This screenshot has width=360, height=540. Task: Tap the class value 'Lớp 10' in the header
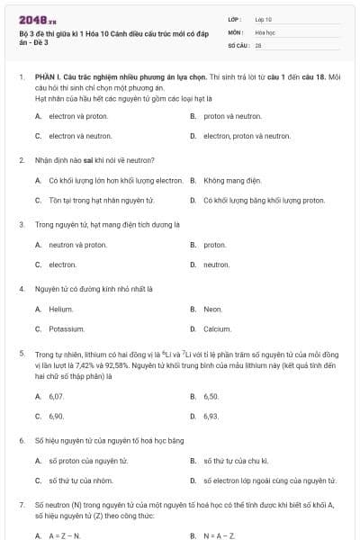pos(264,18)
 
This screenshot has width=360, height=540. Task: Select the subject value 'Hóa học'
pos(265,31)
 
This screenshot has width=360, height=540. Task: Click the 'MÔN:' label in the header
pos(235,31)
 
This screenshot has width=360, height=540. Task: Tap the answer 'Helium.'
pos(61,310)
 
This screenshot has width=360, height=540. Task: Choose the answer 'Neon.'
pos(212,310)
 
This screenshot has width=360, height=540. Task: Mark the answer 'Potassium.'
pos(67,329)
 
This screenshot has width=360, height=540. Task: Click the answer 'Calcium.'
pos(217,329)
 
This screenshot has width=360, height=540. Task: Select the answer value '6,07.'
pos(57,396)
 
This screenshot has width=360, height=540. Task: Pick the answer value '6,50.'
pos(211,396)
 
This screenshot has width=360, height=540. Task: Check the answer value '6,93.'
pos(211,416)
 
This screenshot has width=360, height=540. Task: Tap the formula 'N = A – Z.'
pos(219,535)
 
